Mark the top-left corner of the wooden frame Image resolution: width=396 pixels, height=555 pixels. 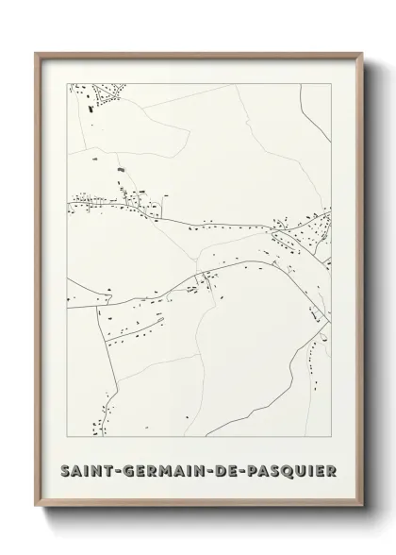coord(35,52)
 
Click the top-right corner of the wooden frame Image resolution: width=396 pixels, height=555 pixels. coord(361,52)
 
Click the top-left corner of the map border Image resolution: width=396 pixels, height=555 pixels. coord(67,83)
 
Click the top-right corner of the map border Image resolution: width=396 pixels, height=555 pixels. coord(330,83)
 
